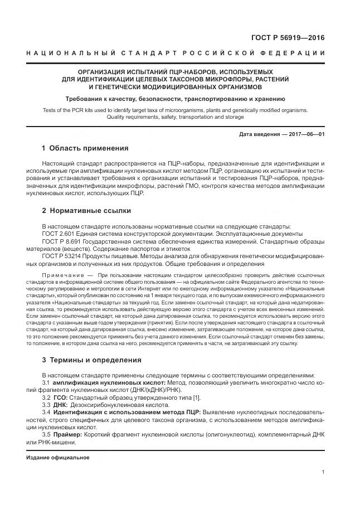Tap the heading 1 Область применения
[85, 149]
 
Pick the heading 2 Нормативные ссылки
[86, 211]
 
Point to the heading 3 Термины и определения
[91, 360]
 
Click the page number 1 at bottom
[323, 472]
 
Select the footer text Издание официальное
[58, 457]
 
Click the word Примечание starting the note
[61, 275]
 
